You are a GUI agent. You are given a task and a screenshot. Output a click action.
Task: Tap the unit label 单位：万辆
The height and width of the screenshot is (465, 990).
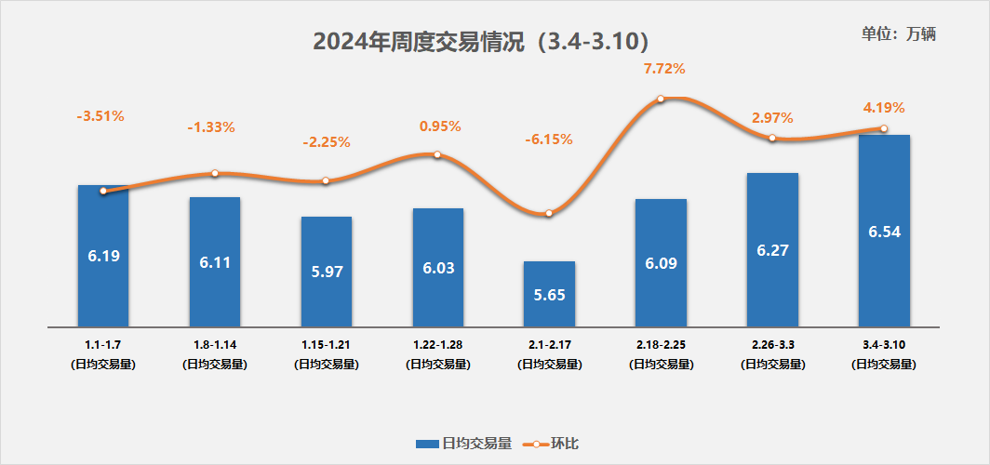point(898,33)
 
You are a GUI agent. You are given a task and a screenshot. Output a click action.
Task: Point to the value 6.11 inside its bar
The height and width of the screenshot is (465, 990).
point(215,263)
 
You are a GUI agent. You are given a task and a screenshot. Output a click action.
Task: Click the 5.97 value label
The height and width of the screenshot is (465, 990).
point(326,272)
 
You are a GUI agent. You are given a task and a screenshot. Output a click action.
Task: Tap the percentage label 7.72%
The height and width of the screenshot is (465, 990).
point(664,69)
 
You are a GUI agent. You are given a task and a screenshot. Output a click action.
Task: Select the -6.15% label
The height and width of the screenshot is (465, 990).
point(549,139)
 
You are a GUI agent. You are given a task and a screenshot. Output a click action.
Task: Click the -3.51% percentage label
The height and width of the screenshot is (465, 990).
point(100,116)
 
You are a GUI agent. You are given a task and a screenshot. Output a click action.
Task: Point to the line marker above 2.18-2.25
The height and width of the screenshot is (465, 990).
point(661,99)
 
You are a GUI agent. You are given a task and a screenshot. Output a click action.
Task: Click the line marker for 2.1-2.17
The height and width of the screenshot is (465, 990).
point(549,213)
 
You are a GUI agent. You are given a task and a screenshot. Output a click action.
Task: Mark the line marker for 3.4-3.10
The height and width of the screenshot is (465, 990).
point(884,128)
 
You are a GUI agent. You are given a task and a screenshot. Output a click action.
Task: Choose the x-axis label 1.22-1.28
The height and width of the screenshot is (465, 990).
point(437,345)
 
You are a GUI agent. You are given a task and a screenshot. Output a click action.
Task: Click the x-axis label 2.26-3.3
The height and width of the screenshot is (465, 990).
point(772,345)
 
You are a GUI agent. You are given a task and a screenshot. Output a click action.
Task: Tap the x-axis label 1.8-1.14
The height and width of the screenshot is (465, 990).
point(215,345)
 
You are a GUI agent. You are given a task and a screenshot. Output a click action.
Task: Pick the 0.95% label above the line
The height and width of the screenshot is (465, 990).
point(440,126)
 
